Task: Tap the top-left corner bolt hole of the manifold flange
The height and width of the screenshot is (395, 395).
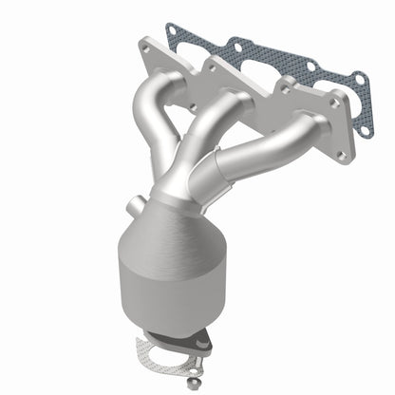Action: tap(145, 45)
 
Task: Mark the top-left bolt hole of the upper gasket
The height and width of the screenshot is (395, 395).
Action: tap(173, 30)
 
